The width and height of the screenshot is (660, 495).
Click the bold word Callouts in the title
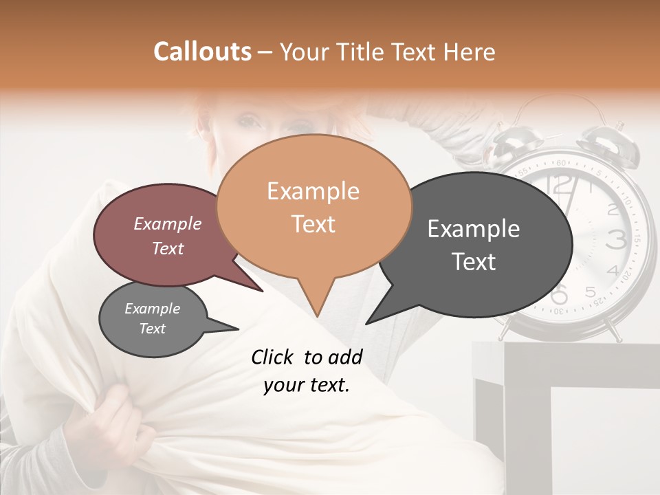[x=202, y=52]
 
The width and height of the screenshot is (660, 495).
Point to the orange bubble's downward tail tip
[x=317, y=317]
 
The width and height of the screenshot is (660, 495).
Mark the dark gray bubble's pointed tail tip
[x=366, y=324]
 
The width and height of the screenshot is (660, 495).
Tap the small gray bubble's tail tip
[x=238, y=329]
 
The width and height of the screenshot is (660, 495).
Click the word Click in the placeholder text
[x=274, y=357]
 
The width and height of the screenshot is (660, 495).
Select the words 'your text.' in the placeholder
[x=307, y=385]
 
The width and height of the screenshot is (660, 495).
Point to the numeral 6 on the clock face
[x=560, y=294]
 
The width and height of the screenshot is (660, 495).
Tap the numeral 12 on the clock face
[x=562, y=184]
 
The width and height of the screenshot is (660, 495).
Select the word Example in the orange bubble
[x=313, y=191]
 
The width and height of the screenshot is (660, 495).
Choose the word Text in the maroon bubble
[x=168, y=248]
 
